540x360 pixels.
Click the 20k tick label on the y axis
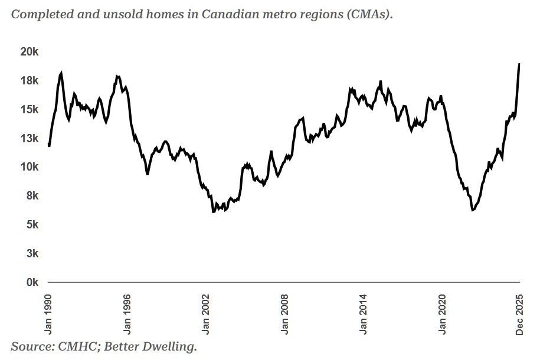(x=29, y=52)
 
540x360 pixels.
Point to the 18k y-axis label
(x=29, y=81)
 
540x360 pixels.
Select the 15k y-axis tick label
(x=29, y=110)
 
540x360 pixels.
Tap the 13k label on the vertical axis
(x=29, y=139)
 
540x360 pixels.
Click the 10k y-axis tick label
(x=29, y=167)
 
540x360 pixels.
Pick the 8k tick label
(x=31, y=196)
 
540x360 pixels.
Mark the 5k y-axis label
(x=31, y=225)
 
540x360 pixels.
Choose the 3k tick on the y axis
(x=31, y=254)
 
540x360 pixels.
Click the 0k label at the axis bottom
(x=31, y=283)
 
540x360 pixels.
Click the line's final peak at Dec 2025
(x=519, y=64)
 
